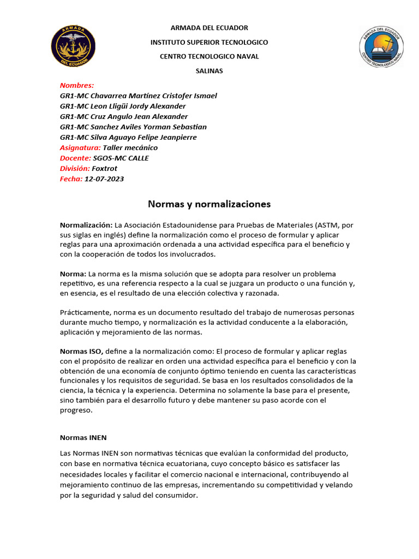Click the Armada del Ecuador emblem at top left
point(73,45)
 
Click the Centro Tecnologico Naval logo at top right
point(381,47)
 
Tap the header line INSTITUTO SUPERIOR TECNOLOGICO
point(209,42)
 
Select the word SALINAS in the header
point(209,71)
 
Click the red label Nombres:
point(77,85)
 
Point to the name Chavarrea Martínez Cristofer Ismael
point(153,96)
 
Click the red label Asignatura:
point(80,147)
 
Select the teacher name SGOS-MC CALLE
point(121,158)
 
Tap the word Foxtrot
point(104,169)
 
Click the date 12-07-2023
point(104,179)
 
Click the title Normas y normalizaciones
point(209,204)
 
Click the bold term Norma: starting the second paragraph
point(73,273)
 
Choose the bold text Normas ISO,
point(81,351)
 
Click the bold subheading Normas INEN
point(83,437)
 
